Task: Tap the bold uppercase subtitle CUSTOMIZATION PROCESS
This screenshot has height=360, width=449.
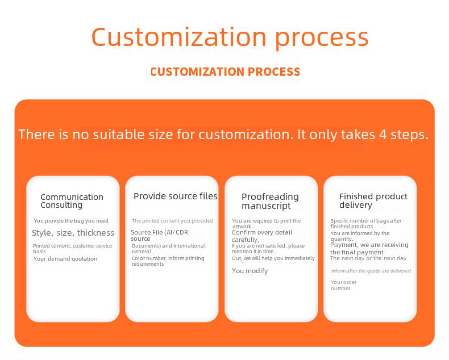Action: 225,72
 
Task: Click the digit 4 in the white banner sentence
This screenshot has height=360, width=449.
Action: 383,134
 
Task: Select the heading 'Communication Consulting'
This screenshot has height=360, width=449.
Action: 72,201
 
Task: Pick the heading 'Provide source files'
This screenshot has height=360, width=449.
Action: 175,196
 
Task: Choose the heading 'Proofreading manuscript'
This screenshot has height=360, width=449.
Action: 270,201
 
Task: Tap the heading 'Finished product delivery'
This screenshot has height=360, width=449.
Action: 373,200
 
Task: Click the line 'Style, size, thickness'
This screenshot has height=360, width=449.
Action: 73,233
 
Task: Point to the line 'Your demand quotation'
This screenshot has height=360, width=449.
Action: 65,259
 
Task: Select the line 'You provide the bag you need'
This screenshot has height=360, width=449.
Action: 71,221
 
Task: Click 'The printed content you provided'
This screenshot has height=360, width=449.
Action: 172,221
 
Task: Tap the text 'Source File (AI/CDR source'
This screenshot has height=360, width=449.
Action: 159,235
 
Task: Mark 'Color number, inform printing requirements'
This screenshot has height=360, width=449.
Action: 168,261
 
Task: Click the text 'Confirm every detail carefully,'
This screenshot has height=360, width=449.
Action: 262,236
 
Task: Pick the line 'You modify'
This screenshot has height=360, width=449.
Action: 250,271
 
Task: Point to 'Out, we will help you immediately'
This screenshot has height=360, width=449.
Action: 273,258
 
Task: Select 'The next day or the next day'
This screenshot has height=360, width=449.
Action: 368,258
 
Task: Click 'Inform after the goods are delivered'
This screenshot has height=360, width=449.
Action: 371,271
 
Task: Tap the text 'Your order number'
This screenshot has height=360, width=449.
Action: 344,285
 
